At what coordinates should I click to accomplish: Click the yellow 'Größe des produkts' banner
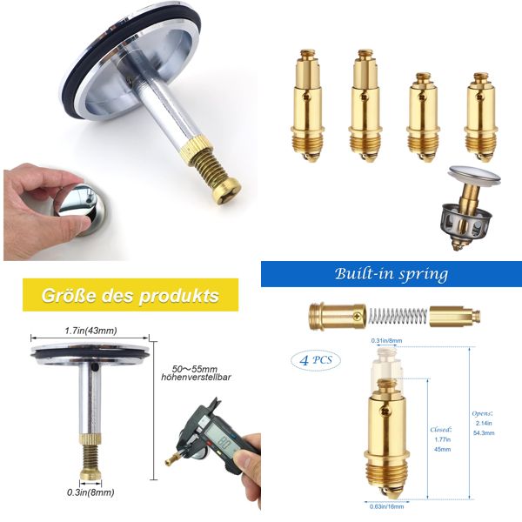[x=130, y=296]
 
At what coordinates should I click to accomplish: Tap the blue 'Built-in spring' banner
[x=391, y=274]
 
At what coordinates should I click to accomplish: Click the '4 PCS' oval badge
[x=315, y=359]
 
